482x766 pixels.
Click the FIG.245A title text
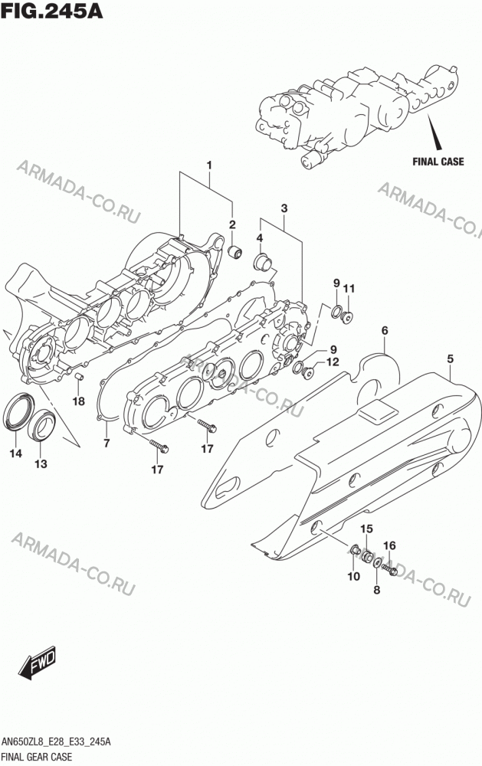pyautogui.click(x=52, y=10)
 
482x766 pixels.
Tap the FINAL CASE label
pyautogui.click(x=438, y=161)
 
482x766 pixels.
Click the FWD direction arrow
pyautogui.click(x=37, y=663)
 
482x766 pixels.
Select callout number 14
pyautogui.click(x=15, y=453)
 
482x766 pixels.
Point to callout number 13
pyautogui.click(x=41, y=463)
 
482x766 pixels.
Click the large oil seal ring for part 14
pyautogui.click(x=18, y=412)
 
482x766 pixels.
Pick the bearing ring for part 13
pyautogui.click(x=42, y=425)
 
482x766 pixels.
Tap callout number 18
pyautogui.click(x=78, y=401)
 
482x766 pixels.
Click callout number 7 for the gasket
pyautogui.click(x=107, y=444)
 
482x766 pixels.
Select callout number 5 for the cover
pyautogui.click(x=451, y=359)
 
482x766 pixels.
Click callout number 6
pyautogui.click(x=385, y=331)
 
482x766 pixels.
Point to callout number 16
pyautogui.click(x=389, y=545)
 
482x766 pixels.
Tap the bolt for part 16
pyautogui.click(x=390, y=568)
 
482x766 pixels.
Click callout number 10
pyautogui.click(x=353, y=577)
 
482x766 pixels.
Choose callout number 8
pyautogui.click(x=376, y=590)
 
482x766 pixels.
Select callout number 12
pyautogui.click(x=333, y=362)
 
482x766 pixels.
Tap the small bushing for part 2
pyautogui.click(x=235, y=253)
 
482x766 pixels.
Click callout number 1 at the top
pyautogui.click(x=209, y=165)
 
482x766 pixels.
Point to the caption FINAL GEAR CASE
pyautogui.click(x=37, y=758)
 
